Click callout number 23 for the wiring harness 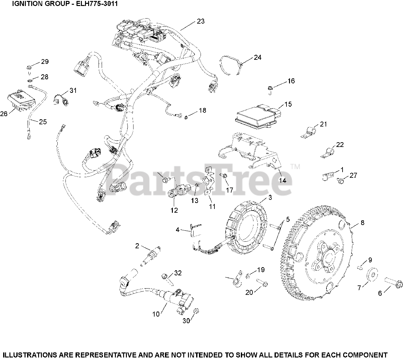pos(201,21)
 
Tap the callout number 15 pos(288,104)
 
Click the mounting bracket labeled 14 pos(252,151)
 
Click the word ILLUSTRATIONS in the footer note pos(31,354)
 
